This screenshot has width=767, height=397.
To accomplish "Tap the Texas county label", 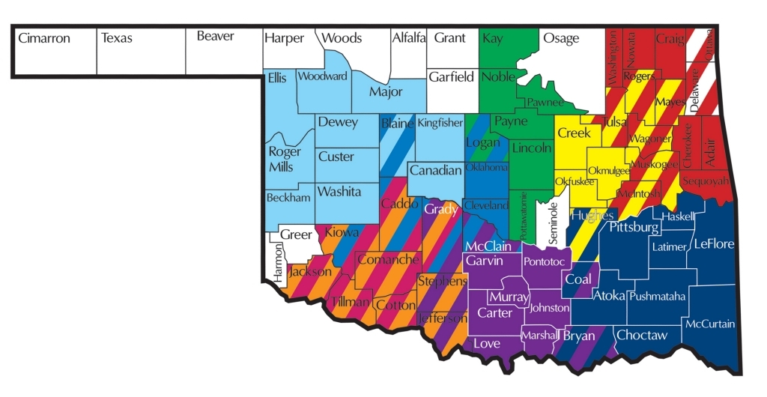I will (116, 37).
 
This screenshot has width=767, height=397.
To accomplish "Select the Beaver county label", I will (216, 36).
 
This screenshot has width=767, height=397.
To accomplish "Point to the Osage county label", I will (561, 38).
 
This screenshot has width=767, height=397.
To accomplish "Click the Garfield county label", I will (452, 76).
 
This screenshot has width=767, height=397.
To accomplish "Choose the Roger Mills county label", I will (285, 159).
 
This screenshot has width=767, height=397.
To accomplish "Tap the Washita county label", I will (339, 192).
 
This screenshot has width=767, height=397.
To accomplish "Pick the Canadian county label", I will (435, 171).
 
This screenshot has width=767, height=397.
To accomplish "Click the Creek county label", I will (575, 133).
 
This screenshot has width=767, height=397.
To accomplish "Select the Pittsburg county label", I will (633, 227).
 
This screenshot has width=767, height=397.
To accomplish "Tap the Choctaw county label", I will (642, 336).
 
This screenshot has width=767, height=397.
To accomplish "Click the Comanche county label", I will (388, 260).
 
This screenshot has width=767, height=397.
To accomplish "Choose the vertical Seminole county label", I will (553, 222).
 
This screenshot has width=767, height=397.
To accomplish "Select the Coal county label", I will (577, 279).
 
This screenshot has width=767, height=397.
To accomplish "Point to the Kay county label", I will (493, 38).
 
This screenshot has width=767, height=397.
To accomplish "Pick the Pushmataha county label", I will (657, 297).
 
